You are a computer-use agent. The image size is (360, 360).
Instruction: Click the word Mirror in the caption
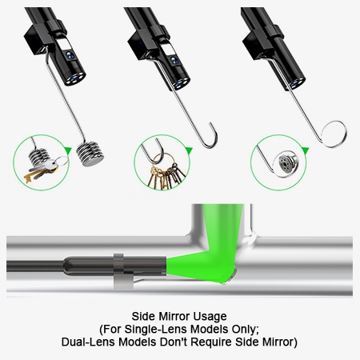(181, 314)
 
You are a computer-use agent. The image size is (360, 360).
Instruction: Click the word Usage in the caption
(214, 314)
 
